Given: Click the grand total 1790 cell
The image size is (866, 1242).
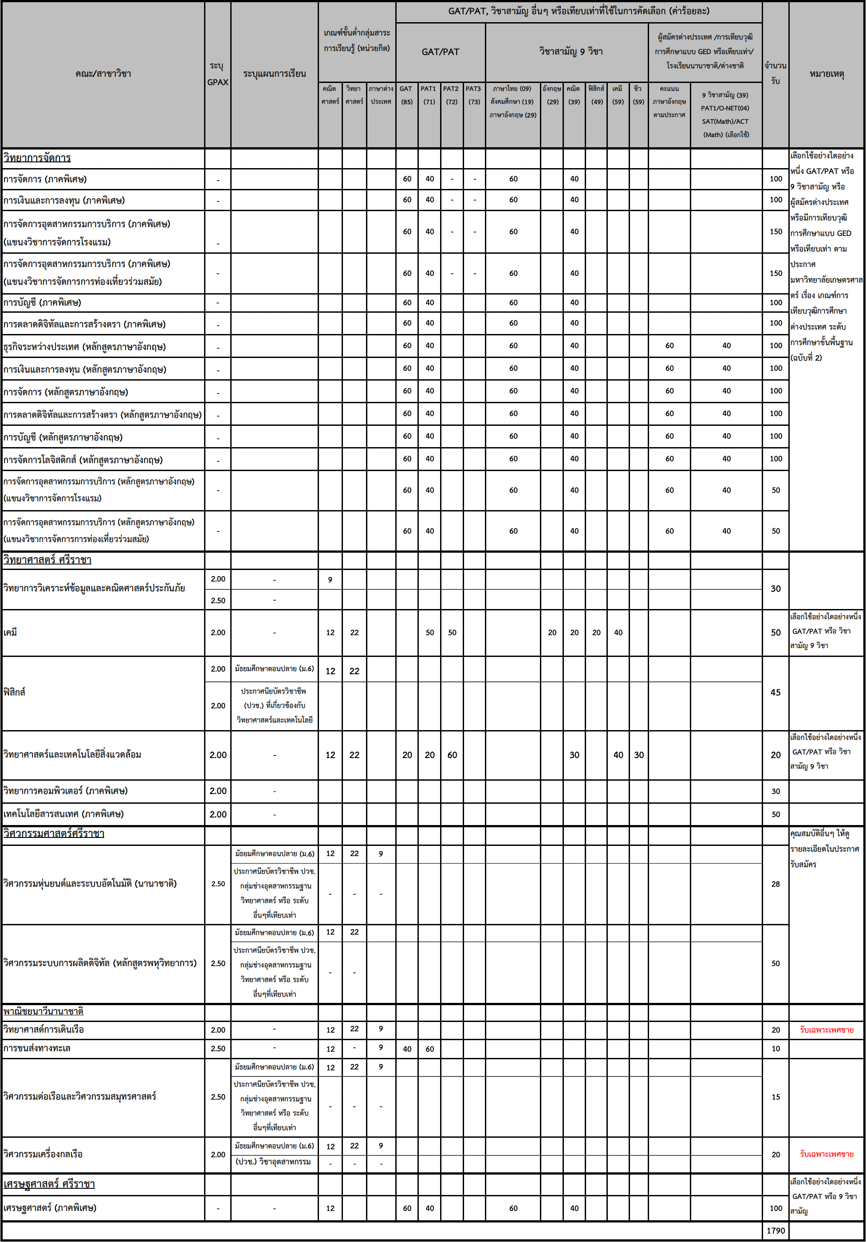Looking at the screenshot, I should coord(775,1230).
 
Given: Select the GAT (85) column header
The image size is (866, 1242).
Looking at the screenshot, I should coord(407,95).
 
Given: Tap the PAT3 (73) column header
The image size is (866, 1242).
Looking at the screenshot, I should coord(474,95).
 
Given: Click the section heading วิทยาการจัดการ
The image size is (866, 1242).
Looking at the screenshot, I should coord(37,158).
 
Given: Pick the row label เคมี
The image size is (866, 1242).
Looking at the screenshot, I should coord(10,633).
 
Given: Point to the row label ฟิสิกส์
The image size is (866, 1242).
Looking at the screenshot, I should coord(15,692).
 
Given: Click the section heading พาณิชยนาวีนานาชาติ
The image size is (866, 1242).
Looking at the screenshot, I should coord(43,1011).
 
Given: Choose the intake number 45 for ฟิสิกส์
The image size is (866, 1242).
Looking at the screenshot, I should coord(775,692).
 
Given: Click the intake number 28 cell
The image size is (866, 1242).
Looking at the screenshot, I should coord(775,884).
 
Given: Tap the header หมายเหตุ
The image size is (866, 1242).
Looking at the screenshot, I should coord(827,74).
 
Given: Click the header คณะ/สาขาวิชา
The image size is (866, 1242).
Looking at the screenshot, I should coord(103,74).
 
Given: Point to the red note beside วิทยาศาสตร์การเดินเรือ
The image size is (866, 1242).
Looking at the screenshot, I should coord(827,1030).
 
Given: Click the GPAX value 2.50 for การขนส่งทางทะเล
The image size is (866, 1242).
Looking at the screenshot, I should coord(218,1048).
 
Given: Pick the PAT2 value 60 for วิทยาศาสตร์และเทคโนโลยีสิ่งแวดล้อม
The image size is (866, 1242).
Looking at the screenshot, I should coord(452,755).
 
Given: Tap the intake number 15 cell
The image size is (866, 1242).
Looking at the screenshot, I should coord(775,1097).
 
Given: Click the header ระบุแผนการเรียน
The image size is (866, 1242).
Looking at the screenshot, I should coord(274,74).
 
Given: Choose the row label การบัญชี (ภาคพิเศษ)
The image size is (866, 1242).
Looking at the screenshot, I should coord(42,303).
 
